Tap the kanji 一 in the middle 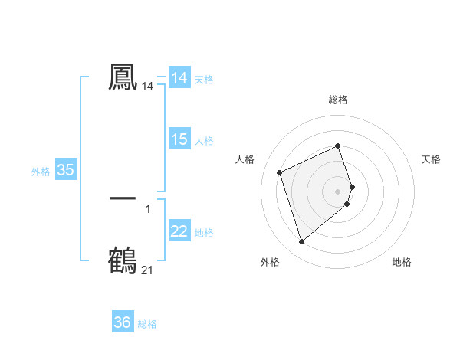[123, 198]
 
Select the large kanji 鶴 [123, 260]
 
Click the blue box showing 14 [179, 78]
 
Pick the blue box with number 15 [179, 139]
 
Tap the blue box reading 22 [179, 231]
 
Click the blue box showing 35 [66, 170]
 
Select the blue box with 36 [123, 322]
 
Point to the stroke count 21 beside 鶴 [147, 270]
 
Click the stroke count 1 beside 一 [148, 208]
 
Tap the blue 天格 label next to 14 [204, 80]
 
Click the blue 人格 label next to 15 [204, 141]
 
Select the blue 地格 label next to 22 [204, 233]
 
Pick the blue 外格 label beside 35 [41, 172]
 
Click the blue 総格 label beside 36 [147, 324]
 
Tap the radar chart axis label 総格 [338, 100]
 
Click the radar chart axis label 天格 [431, 159]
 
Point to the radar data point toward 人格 [280, 172]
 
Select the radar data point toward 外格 [302, 242]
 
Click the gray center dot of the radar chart [338, 191]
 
